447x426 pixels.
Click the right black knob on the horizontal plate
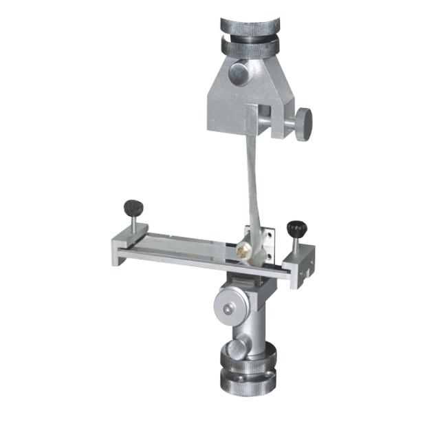[296, 227]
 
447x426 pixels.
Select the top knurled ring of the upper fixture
[250, 25]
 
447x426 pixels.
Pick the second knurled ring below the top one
[250, 47]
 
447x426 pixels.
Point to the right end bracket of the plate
[300, 268]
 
